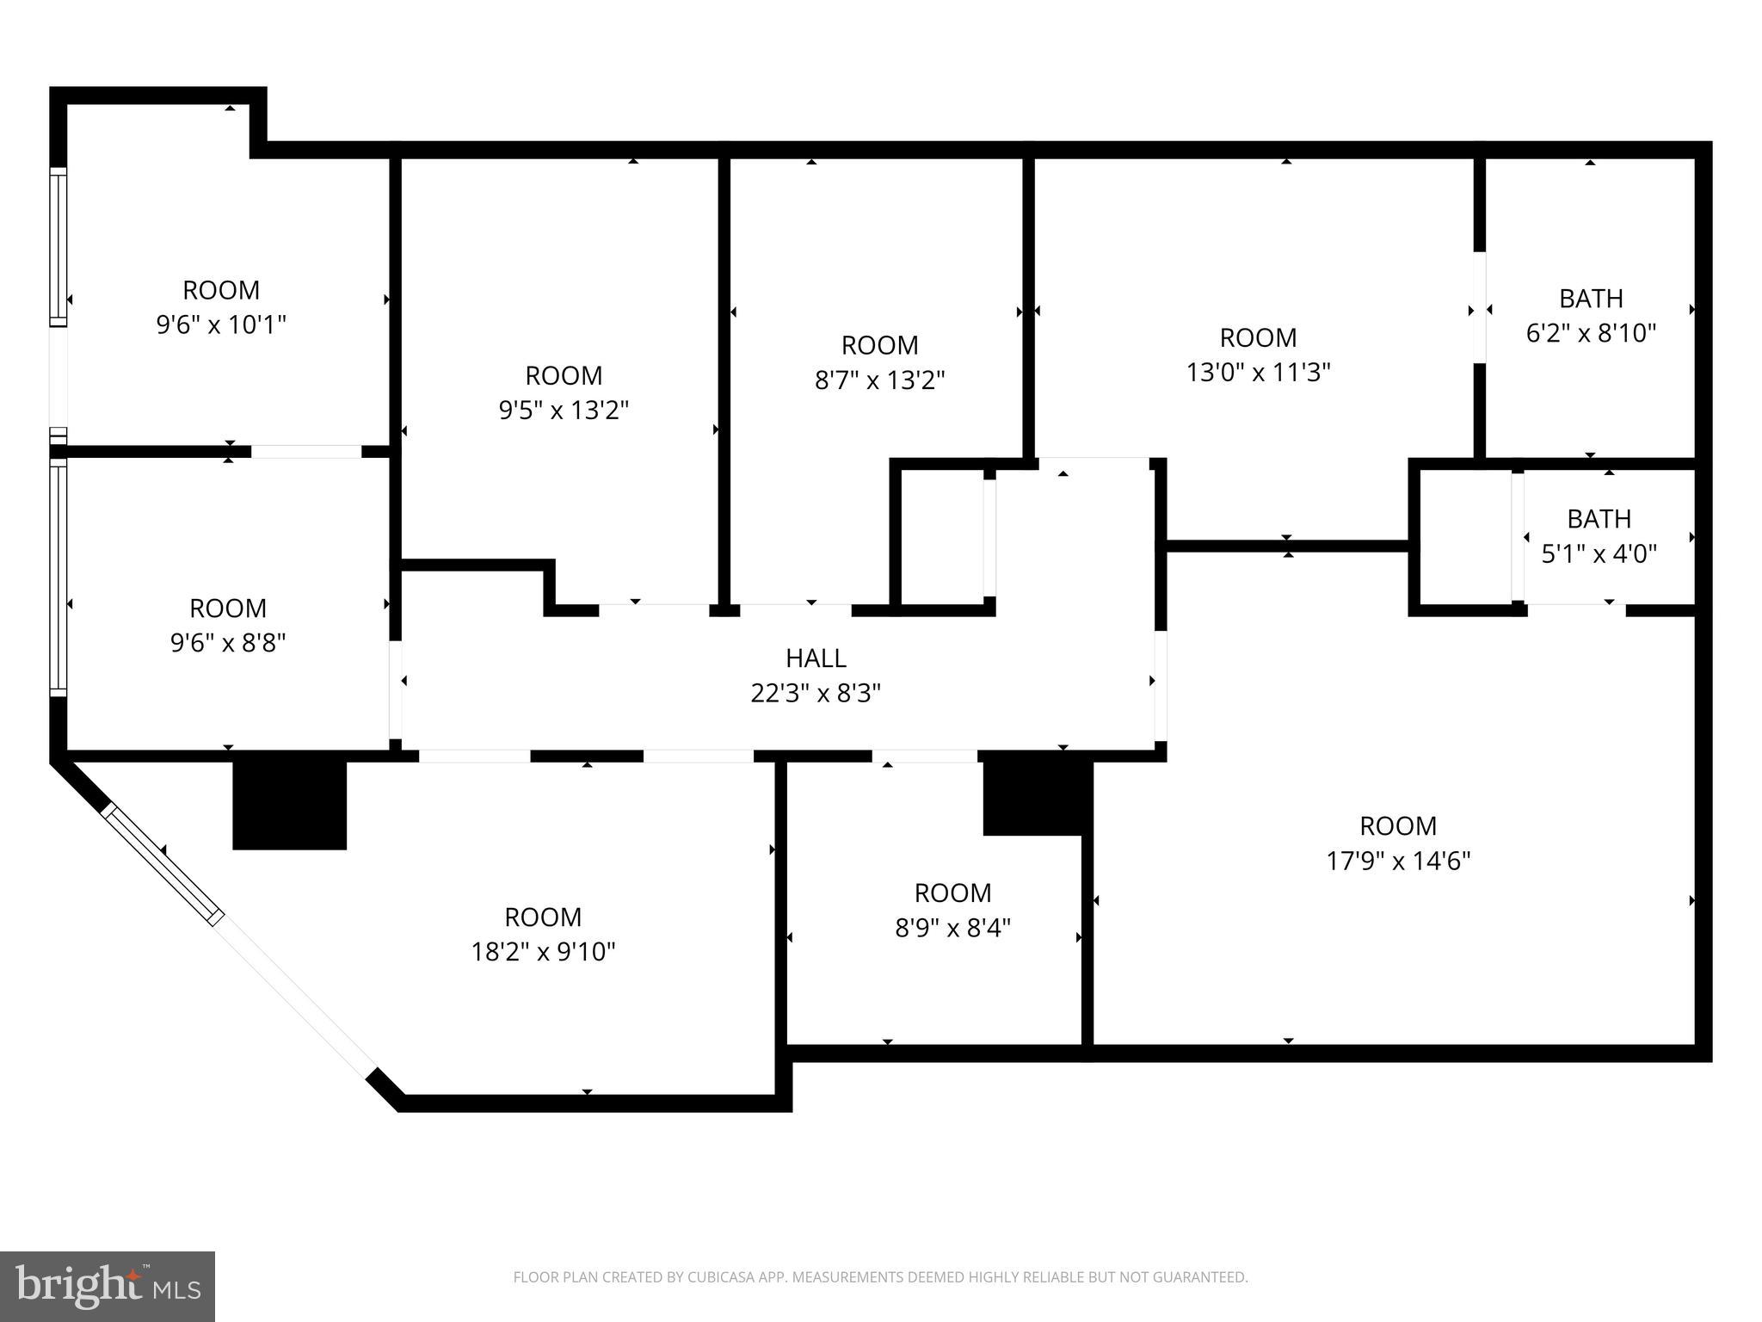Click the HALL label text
[x=816, y=658]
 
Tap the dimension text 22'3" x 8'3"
[x=816, y=693]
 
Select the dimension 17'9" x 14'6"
[x=1398, y=861]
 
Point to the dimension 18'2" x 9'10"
[x=543, y=952]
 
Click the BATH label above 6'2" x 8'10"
[x=1591, y=299]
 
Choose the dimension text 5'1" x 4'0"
[x=1599, y=553]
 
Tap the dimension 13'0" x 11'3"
[x=1258, y=373]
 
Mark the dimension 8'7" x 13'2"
[x=879, y=380]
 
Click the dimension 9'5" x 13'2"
[x=564, y=410]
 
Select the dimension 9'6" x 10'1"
[x=221, y=324]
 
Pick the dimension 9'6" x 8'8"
[x=228, y=643]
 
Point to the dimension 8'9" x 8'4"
[x=952, y=928]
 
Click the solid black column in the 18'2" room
[x=290, y=805]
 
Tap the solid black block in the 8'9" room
[x=1038, y=798]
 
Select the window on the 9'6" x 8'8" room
[x=58, y=577]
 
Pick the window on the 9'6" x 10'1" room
[x=58, y=246]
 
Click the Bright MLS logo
[x=108, y=1286]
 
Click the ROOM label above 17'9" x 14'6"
[x=1398, y=826]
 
